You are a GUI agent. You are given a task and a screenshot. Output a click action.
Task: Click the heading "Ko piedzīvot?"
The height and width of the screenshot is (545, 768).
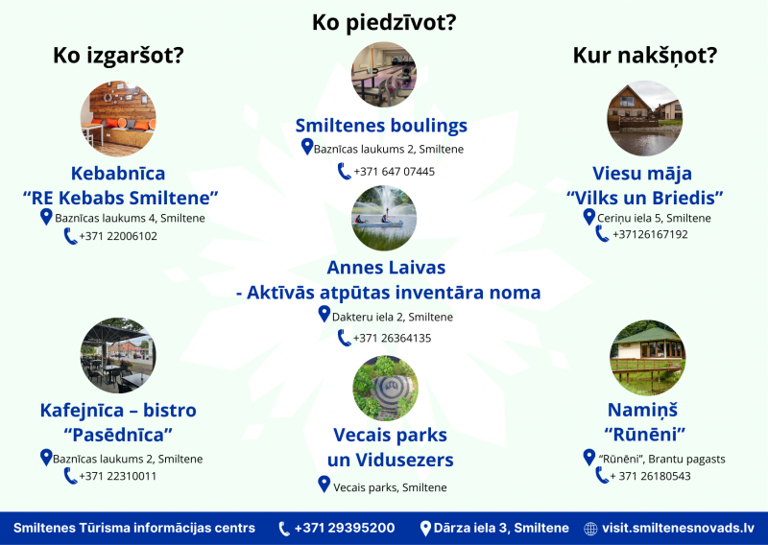(384, 22)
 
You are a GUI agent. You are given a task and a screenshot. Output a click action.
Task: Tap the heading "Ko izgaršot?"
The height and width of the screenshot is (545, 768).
(118, 56)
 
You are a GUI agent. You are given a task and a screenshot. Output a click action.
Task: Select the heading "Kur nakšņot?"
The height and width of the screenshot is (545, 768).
(644, 56)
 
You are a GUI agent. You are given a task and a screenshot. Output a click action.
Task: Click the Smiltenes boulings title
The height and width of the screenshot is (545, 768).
(381, 126)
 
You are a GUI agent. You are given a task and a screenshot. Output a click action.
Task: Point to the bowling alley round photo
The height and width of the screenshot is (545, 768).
(384, 75)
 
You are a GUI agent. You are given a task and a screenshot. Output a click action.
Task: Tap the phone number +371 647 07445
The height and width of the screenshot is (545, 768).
(394, 172)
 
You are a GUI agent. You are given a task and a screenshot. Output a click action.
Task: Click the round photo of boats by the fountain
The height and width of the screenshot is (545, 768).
(384, 218)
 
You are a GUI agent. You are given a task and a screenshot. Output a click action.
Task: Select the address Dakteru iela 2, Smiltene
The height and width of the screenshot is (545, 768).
(393, 317)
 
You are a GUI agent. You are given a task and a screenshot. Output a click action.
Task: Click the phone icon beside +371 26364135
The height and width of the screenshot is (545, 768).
(345, 338)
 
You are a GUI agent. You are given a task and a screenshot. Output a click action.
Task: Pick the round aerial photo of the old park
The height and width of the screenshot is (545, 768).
(386, 388)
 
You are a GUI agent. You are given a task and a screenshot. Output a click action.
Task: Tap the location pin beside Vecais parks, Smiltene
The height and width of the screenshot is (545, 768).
(324, 485)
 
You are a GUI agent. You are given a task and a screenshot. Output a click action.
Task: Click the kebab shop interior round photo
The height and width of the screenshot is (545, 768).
(118, 119)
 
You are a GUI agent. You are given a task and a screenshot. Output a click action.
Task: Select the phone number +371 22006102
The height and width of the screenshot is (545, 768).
(118, 236)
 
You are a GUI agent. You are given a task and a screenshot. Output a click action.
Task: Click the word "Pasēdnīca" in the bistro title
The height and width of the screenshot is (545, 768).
(118, 435)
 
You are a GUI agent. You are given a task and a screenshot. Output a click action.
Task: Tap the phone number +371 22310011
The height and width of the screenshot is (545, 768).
(117, 476)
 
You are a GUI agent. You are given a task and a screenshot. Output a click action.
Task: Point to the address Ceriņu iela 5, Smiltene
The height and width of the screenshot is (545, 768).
(654, 219)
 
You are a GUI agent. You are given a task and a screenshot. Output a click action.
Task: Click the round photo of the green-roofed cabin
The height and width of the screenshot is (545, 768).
(647, 358)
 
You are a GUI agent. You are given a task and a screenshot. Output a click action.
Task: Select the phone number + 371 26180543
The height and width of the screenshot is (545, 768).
(650, 476)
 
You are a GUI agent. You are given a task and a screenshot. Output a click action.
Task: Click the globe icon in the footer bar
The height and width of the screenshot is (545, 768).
(590, 529)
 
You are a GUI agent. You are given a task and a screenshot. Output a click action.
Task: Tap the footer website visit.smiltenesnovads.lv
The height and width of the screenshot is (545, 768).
(679, 528)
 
